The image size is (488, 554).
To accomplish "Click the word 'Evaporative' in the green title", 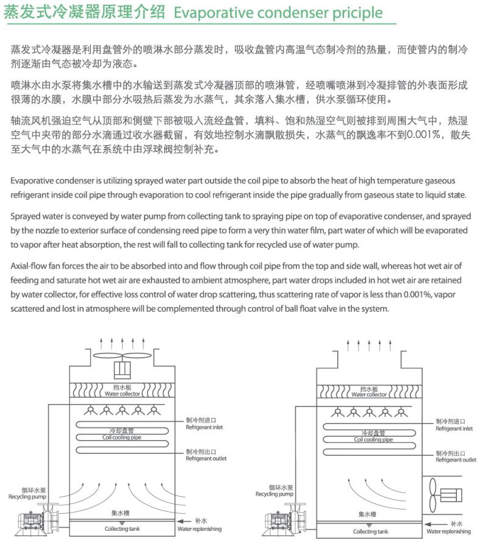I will pyautogui.click(x=210, y=13).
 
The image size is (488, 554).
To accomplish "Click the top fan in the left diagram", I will pyautogui.click(x=126, y=358).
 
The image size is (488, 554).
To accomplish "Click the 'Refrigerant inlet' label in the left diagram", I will pyautogui.click(x=204, y=427).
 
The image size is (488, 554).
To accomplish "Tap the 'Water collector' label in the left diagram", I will pyautogui.click(x=122, y=394).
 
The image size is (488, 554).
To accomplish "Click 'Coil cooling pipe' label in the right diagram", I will pyautogui.click(x=373, y=439).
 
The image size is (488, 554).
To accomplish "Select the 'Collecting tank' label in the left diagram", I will pyautogui.click(x=121, y=529).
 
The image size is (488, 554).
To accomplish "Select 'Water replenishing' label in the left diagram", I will pyautogui.click(x=199, y=529).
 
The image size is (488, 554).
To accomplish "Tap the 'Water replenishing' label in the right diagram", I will pyautogui.click(x=448, y=531).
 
